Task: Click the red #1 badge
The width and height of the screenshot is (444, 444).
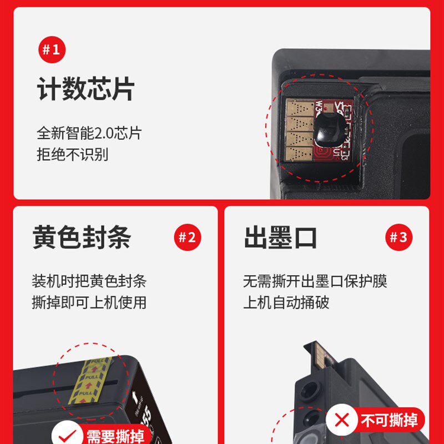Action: (x=52, y=51)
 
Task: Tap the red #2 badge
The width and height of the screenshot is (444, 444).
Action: (x=187, y=238)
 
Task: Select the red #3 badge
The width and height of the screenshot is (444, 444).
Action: (x=398, y=238)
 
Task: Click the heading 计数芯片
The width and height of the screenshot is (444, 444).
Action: (x=86, y=89)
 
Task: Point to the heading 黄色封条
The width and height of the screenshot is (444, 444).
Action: (x=82, y=238)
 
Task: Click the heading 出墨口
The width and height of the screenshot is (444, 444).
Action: (x=280, y=238)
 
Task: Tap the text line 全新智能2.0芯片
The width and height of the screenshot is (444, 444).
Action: (x=89, y=133)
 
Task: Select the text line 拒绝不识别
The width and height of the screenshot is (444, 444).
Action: (x=72, y=154)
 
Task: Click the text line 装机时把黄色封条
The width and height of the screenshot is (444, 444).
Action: (x=89, y=281)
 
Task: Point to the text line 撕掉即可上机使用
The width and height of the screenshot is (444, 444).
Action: (x=89, y=302)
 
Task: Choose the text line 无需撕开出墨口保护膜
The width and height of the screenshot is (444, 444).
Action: (x=315, y=281)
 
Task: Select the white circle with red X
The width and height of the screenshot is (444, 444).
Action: (x=342, y=420)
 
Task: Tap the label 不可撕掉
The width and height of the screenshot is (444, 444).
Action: (x=389, y=421)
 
